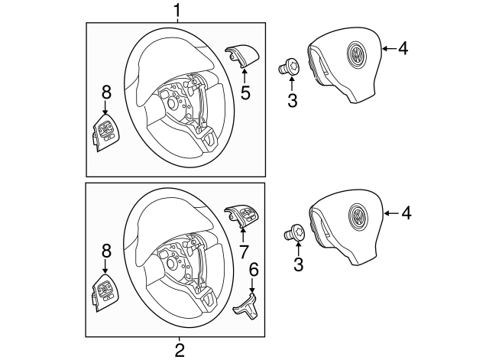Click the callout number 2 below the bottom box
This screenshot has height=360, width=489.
pos(180,350)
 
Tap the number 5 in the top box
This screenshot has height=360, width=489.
pos(246,93)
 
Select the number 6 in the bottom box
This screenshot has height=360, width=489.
pos(254,271)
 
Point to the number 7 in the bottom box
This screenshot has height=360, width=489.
pos(244,251)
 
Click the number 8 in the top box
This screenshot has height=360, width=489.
pos(106,92)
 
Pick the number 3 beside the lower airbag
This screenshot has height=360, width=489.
pos(299,264)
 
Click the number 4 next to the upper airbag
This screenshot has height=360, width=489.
pos(402,48)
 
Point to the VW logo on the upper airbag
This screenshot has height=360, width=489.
pos(356,54)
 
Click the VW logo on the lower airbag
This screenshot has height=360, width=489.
pos(358,216)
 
